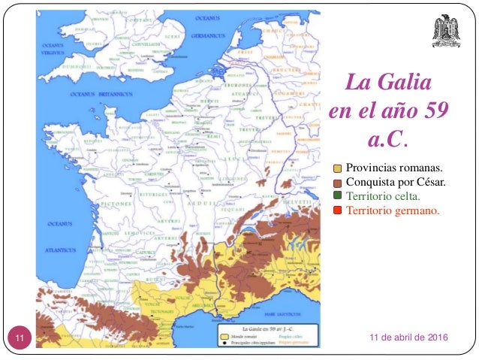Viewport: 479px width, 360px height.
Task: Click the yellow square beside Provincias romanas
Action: click(x=338, y=168)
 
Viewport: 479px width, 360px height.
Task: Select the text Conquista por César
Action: click(x=396, y=182)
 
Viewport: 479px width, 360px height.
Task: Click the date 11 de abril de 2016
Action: click(x=408, y=340)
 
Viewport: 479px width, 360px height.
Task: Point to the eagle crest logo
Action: click(x=449, y=30)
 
